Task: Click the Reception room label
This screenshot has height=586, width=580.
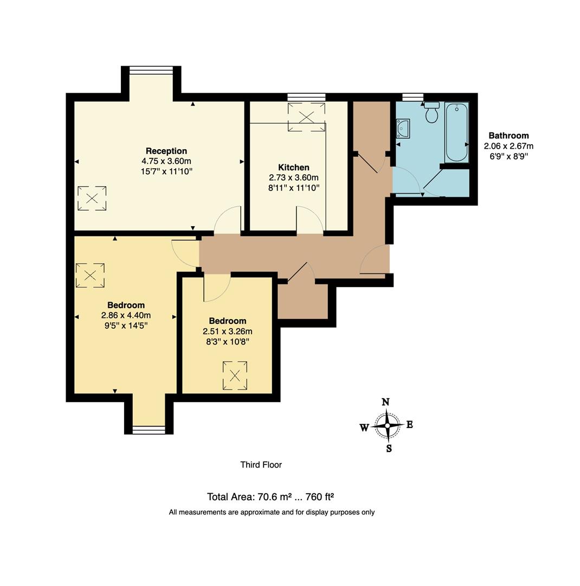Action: click(x=166, y=151)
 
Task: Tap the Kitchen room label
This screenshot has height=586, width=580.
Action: click(x=293, y=168)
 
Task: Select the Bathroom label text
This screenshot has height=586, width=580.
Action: click(x=508, y=136)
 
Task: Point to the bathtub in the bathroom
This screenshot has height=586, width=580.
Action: click(x=456, y=133)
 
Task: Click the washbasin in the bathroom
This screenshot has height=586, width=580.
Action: click(x=403, y=129)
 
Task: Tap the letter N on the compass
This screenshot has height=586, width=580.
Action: click(x=386, y=402)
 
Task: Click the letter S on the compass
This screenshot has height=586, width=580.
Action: click(x=389, y=449)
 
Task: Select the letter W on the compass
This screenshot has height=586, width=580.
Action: click(x=364, y=428)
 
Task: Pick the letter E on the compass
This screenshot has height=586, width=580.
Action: click(x=410, y=425)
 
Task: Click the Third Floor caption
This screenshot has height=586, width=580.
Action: click(x=261, y=464)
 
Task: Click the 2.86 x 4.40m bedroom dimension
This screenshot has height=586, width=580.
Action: click(x=126, y=315)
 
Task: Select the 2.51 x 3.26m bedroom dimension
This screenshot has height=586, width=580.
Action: click(x=227, y=332)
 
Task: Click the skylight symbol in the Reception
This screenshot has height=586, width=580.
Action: click(x=92, y=198)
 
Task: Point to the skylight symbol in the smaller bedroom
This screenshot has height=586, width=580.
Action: click(x=235, y=375)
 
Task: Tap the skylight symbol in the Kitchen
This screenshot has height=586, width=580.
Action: click(x=307, y=117)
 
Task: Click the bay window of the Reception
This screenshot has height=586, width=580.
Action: click(x=151, y=69)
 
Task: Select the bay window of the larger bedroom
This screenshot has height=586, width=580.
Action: click(x=149, y=430)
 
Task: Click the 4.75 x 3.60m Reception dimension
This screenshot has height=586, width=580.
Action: click(x=166, y=161)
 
